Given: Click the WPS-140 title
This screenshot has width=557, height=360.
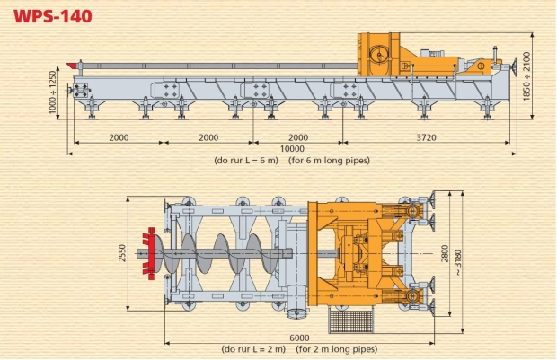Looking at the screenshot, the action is [53, 16].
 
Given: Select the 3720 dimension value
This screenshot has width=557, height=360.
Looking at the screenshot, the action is [426, 137].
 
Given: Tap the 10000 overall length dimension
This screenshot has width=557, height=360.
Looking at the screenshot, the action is [292, 149].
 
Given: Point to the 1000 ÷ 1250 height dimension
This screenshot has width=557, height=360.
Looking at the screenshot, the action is [53, 92].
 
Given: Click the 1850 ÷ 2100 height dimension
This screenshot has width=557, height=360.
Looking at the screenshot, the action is [526, 76].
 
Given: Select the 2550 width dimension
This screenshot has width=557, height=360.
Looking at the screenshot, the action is [122, 253].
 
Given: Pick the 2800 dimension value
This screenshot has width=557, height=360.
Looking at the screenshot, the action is [445, 253].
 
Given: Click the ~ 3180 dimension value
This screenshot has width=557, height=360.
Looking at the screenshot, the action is [458, 263].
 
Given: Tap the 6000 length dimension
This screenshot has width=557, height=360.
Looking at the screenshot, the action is [299, 338].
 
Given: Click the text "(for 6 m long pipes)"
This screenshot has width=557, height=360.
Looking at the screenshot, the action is [329, 161].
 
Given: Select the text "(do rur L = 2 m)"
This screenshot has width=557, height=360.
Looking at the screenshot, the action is [253, 349].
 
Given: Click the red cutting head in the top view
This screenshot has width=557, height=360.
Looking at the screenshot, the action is [149, 253].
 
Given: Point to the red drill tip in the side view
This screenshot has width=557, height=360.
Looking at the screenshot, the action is [72, 66].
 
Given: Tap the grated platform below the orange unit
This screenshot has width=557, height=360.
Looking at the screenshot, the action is [351, 320].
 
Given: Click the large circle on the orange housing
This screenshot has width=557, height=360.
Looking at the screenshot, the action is [379, 56].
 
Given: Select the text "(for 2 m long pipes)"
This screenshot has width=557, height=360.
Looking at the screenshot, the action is [337, 349].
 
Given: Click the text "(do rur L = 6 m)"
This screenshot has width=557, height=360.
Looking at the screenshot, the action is [246, 161].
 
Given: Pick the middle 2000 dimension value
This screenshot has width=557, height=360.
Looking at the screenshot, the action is [208, 137].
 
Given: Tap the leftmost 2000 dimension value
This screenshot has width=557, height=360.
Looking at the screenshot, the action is [119, 137].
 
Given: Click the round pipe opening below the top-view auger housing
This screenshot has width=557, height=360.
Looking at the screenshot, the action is [297, 314].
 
